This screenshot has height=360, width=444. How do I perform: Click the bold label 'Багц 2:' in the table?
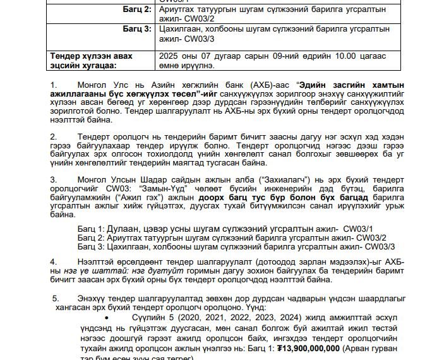click(x=137, y=11)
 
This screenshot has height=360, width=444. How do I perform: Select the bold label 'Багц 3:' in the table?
click(x=137, y=29)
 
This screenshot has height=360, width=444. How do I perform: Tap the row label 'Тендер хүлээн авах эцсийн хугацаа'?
click(x=92, y=60)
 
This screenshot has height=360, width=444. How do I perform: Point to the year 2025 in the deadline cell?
click(x=171, y=56)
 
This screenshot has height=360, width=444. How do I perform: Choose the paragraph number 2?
click(x=54, y=136)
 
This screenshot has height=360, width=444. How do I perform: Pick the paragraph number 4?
click(x=54, y=261)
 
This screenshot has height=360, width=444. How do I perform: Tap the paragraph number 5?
click(x=56, y=297)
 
